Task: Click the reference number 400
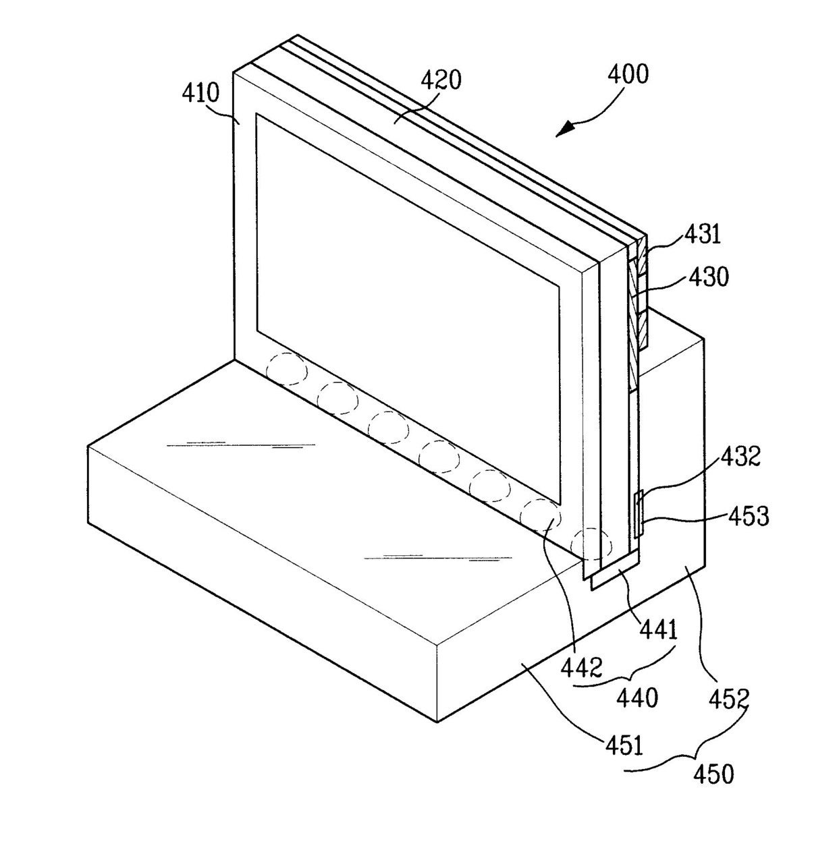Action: (x=628, y=75)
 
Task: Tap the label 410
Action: (x=200, y=93)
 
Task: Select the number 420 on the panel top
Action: (x=441, y=80)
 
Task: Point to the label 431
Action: (x=703, y=235)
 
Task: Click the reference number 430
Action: (x=709, y=277)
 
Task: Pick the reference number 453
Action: (x=749, y=517)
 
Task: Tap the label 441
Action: (x=659, y=630)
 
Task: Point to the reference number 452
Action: (x=729, y=699)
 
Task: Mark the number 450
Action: (x=714, y=787)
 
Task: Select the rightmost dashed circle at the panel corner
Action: (x=591, y=544)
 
